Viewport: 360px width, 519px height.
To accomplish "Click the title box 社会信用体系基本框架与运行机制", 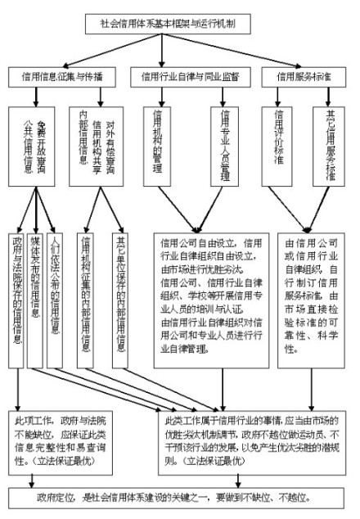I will pyautogui.click(x=179, y=25).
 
